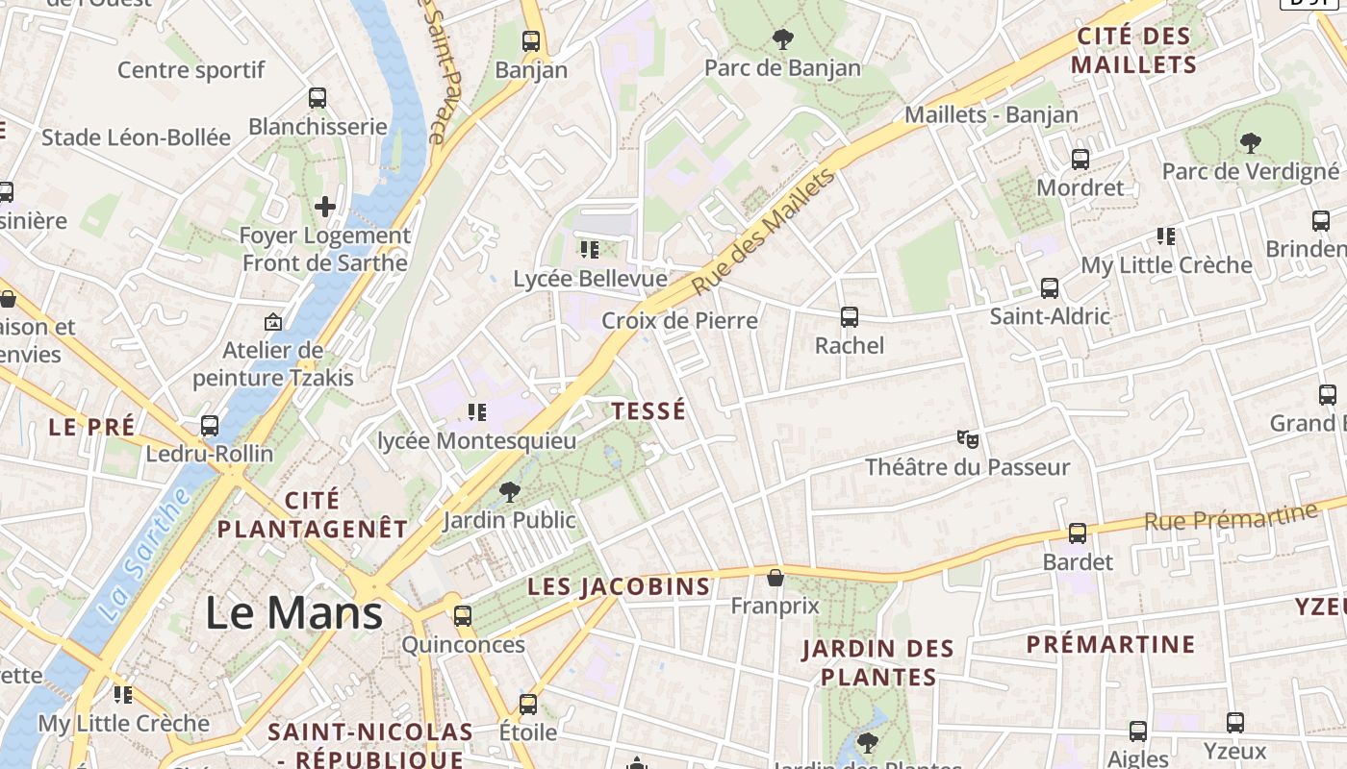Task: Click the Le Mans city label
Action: click(x=294, y=613)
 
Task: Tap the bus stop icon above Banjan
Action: click(x=531, y=41)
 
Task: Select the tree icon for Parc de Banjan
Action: click(x=783, y=39)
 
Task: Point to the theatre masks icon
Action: click(x=967, y=439)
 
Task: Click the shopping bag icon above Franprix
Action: click(x=775, y=578)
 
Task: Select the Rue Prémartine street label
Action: click(x=1230, y=517)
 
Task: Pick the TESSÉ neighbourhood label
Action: click(x=649, y=411)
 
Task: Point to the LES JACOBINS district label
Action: click(x=619, y=586)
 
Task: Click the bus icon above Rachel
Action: click(x=849, y=317)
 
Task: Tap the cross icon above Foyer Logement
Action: click(x=325, y=206)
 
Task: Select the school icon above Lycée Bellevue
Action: click(x=589, y=250)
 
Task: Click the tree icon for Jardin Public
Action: click(x=509, y=493)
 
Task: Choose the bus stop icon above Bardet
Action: click(x=1078, y=533)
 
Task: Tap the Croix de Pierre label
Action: click(x=679, y=320)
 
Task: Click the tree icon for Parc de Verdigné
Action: click(x=1250, y=143)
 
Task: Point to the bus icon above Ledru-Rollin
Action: click(x=210, y=426)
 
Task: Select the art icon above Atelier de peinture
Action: click(x=273, y=322)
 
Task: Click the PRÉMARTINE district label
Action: click(x=1110, y=644)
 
